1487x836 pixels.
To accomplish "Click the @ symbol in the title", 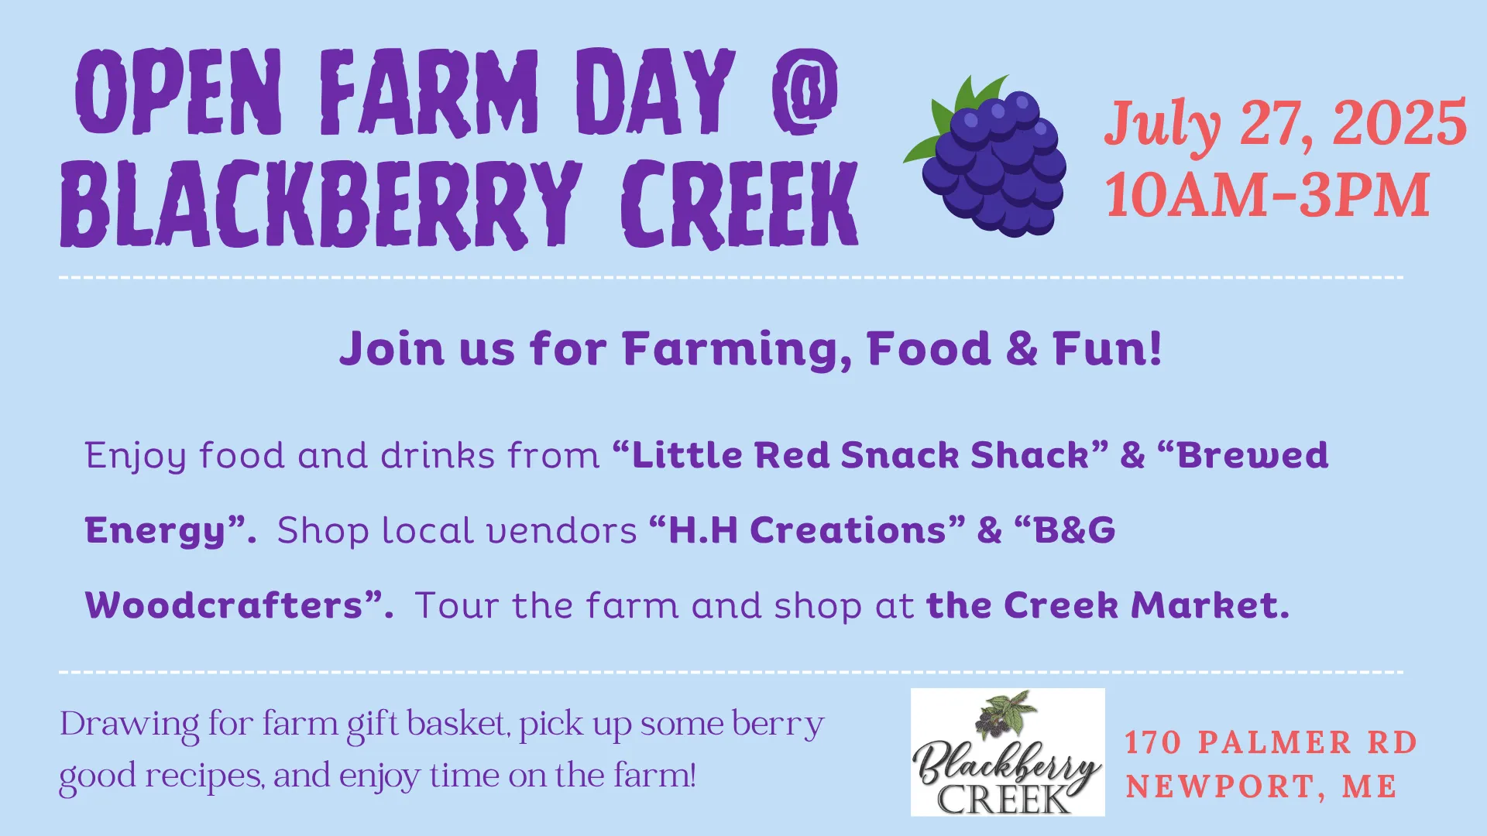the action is point(805,91).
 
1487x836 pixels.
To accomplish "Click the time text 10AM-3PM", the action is point(1267,194).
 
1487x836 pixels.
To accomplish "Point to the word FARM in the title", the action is point(429,91).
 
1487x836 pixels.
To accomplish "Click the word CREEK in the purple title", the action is point(740,204).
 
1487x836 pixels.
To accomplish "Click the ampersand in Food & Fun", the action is point(1022,348).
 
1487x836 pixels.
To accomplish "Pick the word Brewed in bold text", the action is point(1252,455).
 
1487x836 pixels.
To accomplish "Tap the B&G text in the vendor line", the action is point(1074,531).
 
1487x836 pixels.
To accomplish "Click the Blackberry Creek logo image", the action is point(1008,752).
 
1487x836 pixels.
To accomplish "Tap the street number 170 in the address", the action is point(1153,742).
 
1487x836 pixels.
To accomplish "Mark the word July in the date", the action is point(1163,124).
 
